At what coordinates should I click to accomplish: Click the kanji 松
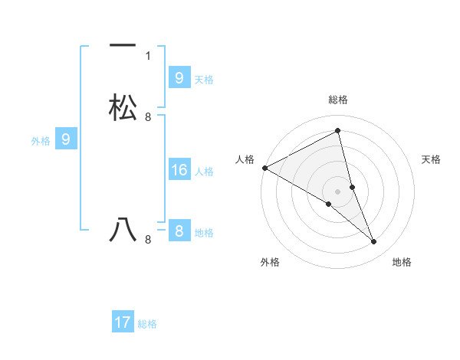123,108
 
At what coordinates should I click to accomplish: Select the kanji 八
123,230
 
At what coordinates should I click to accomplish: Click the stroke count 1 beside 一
148,56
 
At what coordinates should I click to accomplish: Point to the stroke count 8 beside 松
148,117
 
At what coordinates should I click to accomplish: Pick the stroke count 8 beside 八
148,240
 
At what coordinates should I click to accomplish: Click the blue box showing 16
179,170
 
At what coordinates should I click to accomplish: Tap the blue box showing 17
123,322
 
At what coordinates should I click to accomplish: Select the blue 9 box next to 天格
179,77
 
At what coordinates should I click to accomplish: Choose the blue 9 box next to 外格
66,139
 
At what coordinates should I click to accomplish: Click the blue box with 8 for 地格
179,231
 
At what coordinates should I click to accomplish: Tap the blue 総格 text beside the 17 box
147,324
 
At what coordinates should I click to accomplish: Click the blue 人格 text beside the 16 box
205,172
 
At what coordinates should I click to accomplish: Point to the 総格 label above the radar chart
337,100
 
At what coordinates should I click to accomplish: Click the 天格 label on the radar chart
432,159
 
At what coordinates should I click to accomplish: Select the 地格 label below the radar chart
402,262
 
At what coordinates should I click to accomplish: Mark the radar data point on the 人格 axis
264,167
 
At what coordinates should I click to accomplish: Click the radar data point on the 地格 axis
374,242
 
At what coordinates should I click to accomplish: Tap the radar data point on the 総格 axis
337,131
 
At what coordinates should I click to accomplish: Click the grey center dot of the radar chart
337,191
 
